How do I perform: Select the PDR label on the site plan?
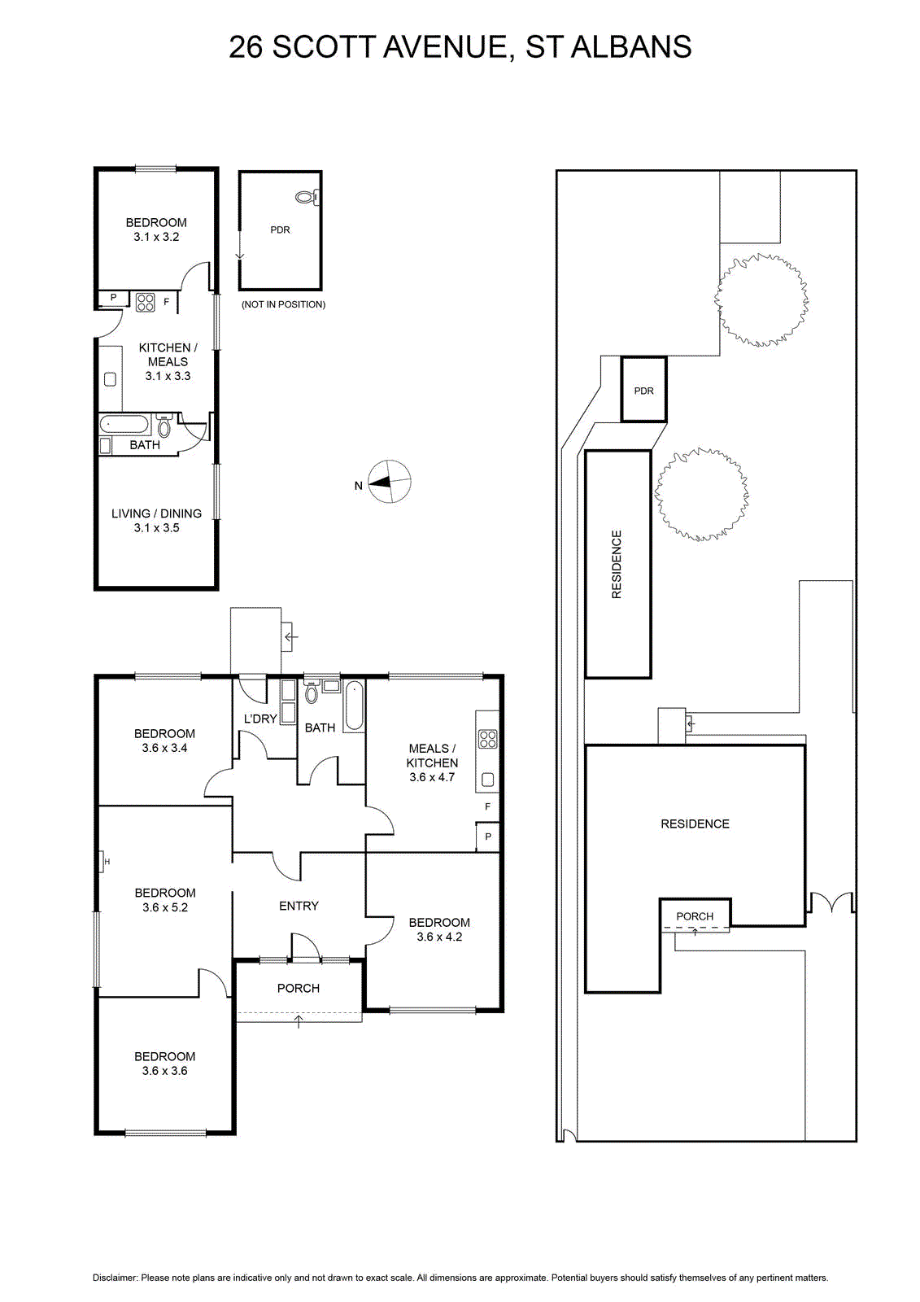643,391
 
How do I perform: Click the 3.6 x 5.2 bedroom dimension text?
165,907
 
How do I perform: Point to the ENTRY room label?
299,906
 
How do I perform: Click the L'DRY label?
260,719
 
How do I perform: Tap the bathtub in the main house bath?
354,706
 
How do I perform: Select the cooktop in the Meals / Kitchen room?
487,740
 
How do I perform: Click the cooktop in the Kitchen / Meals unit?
146,302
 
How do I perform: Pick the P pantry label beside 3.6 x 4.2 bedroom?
488,837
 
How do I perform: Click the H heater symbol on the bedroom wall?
104,862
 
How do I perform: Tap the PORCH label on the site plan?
695,916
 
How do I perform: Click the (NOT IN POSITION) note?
284,304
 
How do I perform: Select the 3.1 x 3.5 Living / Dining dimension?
156,528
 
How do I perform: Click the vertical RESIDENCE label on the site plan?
617,565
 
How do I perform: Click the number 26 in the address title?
246,47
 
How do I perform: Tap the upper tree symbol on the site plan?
761,300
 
